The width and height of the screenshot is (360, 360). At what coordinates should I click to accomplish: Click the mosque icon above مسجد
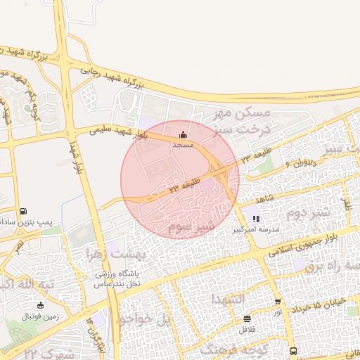[184, 134]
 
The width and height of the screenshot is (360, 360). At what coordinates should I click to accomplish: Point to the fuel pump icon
[24, 210]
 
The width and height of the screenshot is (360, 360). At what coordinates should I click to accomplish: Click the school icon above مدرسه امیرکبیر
[256, 219]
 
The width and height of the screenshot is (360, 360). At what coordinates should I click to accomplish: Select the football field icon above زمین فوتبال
[40, 304]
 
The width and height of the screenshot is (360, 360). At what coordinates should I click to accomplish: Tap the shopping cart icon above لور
[278, 301]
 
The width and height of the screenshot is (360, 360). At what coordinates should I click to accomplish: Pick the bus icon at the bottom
[293, 351]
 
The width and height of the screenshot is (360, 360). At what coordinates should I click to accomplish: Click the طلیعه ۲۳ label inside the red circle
[184, 186]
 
